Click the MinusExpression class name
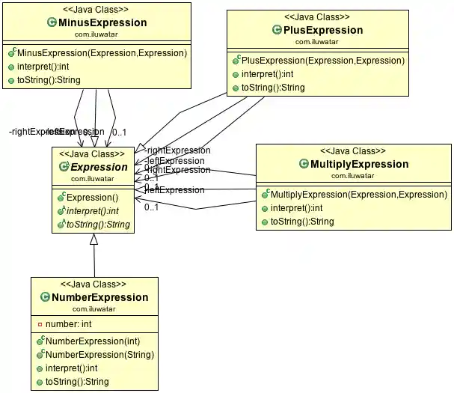click(x=102, y=22)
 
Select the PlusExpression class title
click(x=323, y=31)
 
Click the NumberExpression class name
click(x=100, y=297)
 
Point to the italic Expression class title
click(x=99, y=167)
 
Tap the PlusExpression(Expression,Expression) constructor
click(x=323, y=61)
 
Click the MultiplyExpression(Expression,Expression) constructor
click(x=358, y=195)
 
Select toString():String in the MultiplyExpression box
click(x=302, y=222)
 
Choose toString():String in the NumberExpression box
click(x=76, y=382)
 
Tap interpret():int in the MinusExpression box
click(x=49, y=67)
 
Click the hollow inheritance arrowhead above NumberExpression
click(x=93, y=240)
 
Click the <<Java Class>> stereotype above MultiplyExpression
click(x=353, y=151)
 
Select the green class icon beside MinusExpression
click(x=52, y=22)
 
